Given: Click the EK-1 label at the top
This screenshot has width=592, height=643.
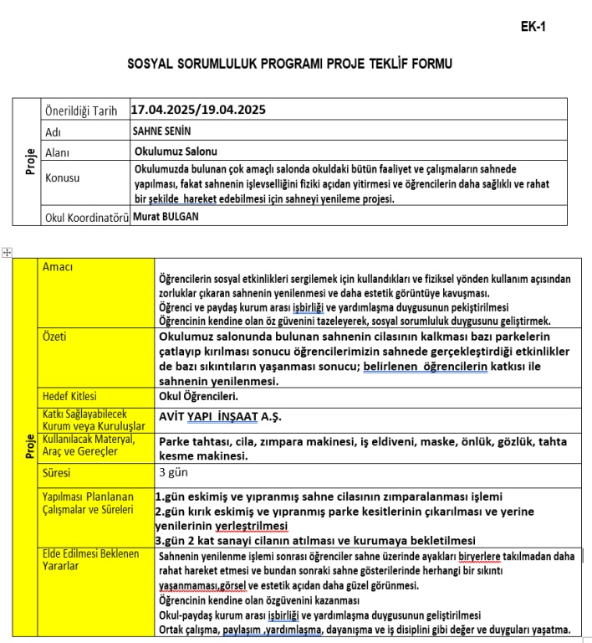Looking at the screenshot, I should click(x=533, y=26).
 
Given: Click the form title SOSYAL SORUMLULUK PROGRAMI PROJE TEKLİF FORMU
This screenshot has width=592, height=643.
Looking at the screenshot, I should click(x=291, y=64).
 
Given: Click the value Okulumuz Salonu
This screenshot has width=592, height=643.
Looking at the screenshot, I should click(x=176, y=152).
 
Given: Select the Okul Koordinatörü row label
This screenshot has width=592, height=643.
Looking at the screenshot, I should click(x=86, y=218).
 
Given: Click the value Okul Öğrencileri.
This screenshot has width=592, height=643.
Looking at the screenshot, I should click(x=198, y=396).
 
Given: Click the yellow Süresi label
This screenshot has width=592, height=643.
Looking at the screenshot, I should click(x=59, y=473).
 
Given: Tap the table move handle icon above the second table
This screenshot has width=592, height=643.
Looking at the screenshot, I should click(x=7, y=252).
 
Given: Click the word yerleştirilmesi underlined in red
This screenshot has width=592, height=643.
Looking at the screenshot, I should click(x=252, y=526).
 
